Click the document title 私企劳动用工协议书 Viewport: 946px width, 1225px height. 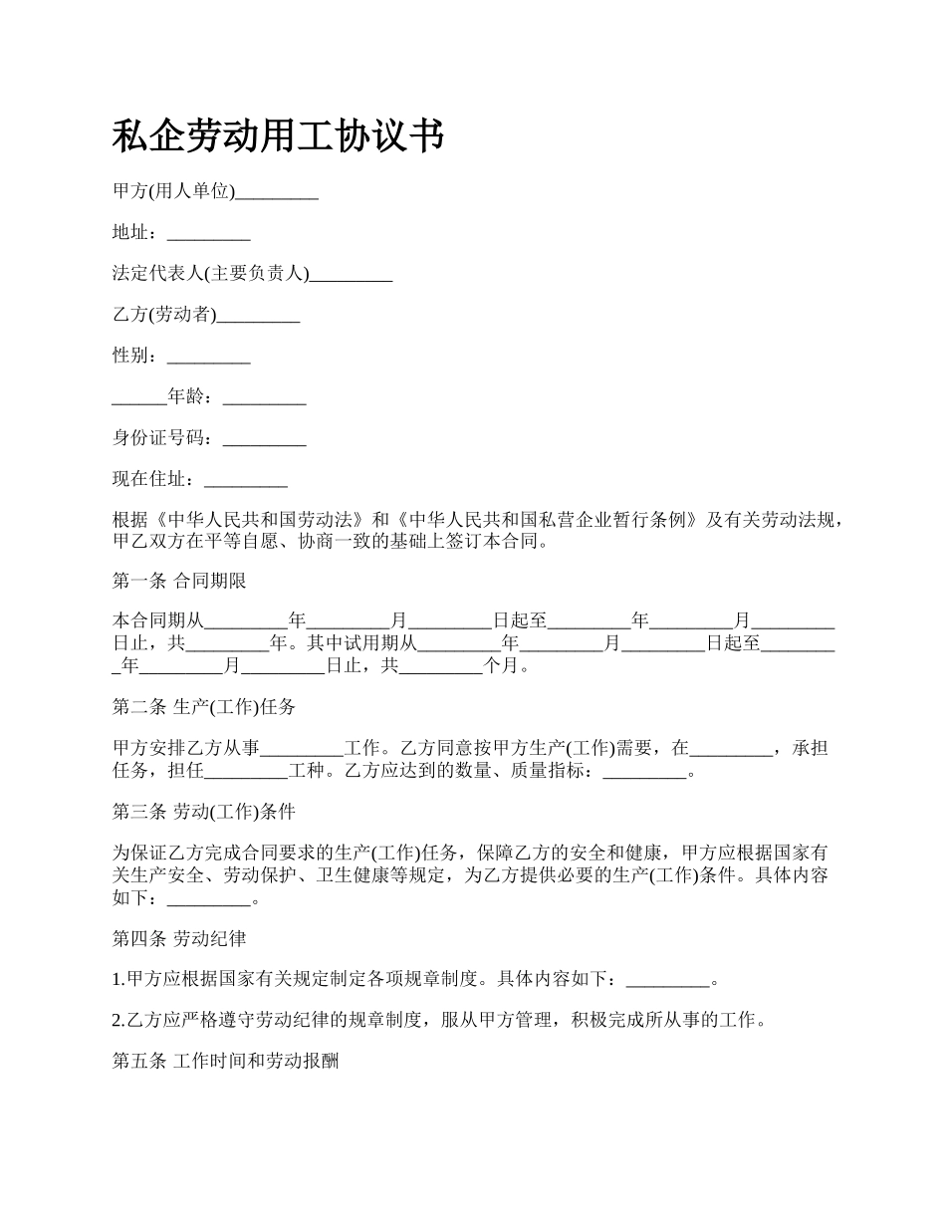point(278,135)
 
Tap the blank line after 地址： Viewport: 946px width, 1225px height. point(208,234)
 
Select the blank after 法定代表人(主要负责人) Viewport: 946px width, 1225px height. point(351,275)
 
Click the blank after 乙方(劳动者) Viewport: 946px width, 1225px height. point(258,316)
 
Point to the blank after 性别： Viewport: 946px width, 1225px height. point(208,357)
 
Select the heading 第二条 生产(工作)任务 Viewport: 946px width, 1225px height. point(204,707)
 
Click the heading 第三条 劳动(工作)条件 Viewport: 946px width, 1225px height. point(204,812)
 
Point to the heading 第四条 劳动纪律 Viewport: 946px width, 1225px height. point(179,938)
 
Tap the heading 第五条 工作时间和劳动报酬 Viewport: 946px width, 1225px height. point(226,1062)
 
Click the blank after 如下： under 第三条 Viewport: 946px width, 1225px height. point(210,897)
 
